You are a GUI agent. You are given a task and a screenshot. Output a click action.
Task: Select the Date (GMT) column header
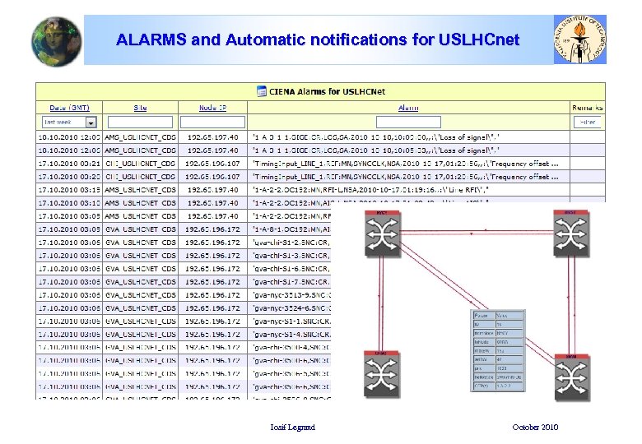pos(70,108)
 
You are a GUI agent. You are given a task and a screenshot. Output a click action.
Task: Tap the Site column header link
pos(140,108)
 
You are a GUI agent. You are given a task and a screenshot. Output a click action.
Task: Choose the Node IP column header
pos(212,108)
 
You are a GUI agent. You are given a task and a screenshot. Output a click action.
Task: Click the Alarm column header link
pos(407,108)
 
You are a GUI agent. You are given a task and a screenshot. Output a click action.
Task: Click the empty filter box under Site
pos(140,122)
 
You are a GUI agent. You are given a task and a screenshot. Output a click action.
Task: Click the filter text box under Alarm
pos(407,122)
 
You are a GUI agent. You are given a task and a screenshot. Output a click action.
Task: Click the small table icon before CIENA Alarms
pos(261,91)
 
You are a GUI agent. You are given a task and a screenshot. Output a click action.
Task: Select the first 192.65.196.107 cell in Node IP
pos(213,164)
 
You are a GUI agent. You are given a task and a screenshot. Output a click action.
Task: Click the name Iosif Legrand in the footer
pos(292,427)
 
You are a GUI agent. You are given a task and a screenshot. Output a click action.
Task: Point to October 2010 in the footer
pos(535,427)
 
